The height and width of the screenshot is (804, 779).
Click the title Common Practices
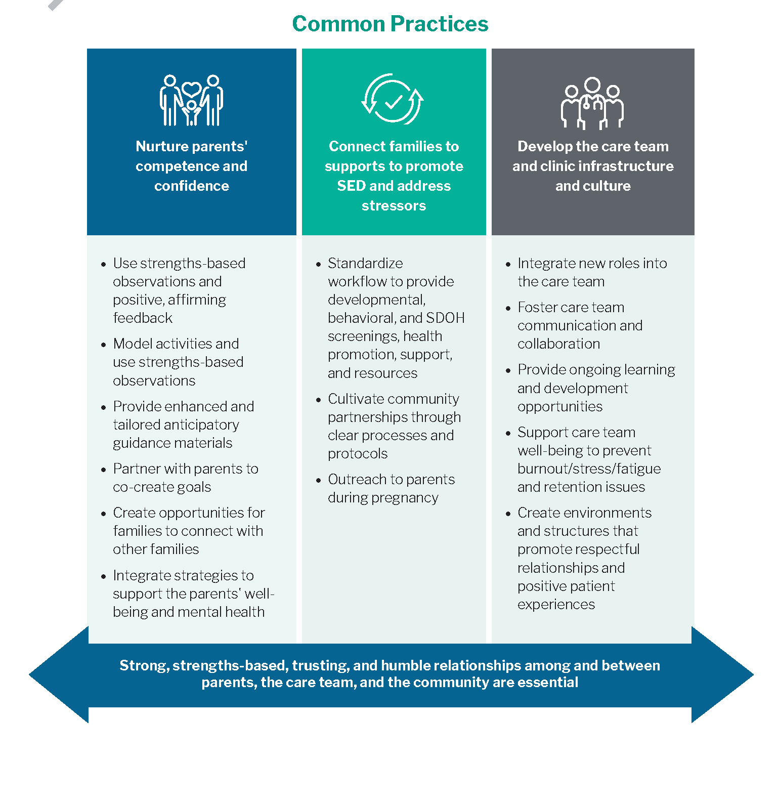[x=390, y=24]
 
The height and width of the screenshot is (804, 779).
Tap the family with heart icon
[x=191, y=100]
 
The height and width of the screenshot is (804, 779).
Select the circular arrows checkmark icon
[x=393, y=99]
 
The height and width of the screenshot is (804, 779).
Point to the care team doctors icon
[x=592, y=103]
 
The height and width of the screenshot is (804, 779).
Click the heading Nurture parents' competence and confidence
[x=192, y=166]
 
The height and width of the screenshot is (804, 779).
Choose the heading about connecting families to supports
[x=394, y=176]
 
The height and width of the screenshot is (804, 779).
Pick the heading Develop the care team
[x=593, y=166]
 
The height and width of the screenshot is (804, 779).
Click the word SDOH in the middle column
[x=445, y=318]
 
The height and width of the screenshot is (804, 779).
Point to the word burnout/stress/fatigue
[x=589, y=469]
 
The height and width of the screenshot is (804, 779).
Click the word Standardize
[x=365, y=263]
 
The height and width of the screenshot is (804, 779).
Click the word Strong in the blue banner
[x=144, y=666]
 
